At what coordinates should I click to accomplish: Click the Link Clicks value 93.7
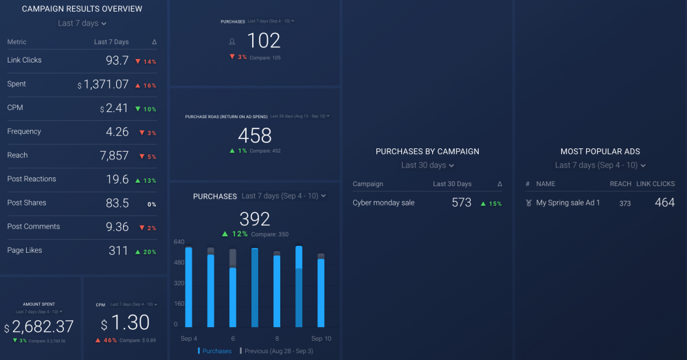coord(117,60)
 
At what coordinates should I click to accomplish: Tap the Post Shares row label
coord(27,203)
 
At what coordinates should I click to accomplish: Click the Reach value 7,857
coord(114,155)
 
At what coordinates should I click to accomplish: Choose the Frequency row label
coord(24,131)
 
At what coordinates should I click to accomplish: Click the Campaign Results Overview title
coord(82,9)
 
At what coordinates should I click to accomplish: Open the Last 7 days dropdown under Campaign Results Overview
coord(82,23)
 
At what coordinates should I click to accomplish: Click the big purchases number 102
coord(263,41)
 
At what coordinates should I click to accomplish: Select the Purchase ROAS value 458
coord(255,135)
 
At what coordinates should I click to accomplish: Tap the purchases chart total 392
coord(255,219)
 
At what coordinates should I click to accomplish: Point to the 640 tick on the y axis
coord(179,242)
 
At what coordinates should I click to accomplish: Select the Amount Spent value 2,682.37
coord(43,327)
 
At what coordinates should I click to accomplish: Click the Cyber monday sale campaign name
coord(383,203)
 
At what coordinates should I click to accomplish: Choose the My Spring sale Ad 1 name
coord(568,203)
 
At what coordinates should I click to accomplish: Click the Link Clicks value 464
coord(664,203)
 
